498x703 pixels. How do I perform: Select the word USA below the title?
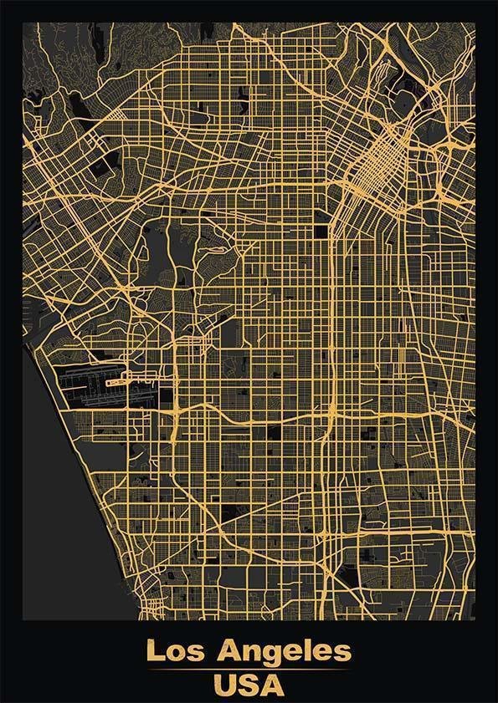click(249, 686)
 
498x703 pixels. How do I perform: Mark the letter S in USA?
click(249, 686)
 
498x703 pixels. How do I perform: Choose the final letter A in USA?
click(272, 686)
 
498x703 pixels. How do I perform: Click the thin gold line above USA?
click(249, 670)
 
